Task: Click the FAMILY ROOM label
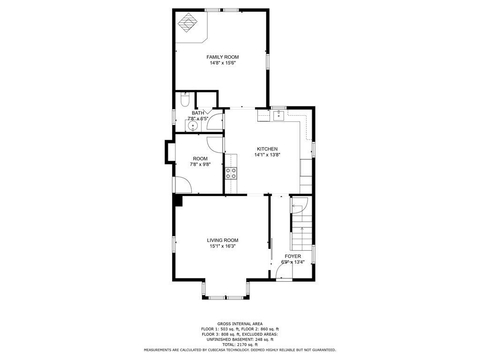(x=223, y=57)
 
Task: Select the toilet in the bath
(x=185, y=99)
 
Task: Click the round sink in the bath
(x=193, y=126)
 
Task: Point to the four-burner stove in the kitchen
(x=231, y=173)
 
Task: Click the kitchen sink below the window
(x=278, y=114)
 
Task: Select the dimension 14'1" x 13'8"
(x=267, y=155)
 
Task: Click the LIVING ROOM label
(x=223, y=240)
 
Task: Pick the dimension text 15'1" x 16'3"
(x=223, y=246)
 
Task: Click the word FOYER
(x=293, y=256)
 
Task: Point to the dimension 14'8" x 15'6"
(x=223, y=63)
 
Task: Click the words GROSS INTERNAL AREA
(x=240, y=324)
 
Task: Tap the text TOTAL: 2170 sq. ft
(x=240, y=345)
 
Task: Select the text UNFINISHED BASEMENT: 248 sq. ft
(x=240, y=339)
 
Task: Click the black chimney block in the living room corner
(x=178, y=201)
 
